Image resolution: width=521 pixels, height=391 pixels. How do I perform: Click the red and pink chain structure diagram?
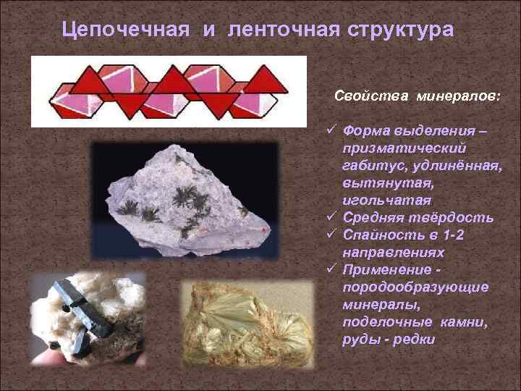coord(168,91)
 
